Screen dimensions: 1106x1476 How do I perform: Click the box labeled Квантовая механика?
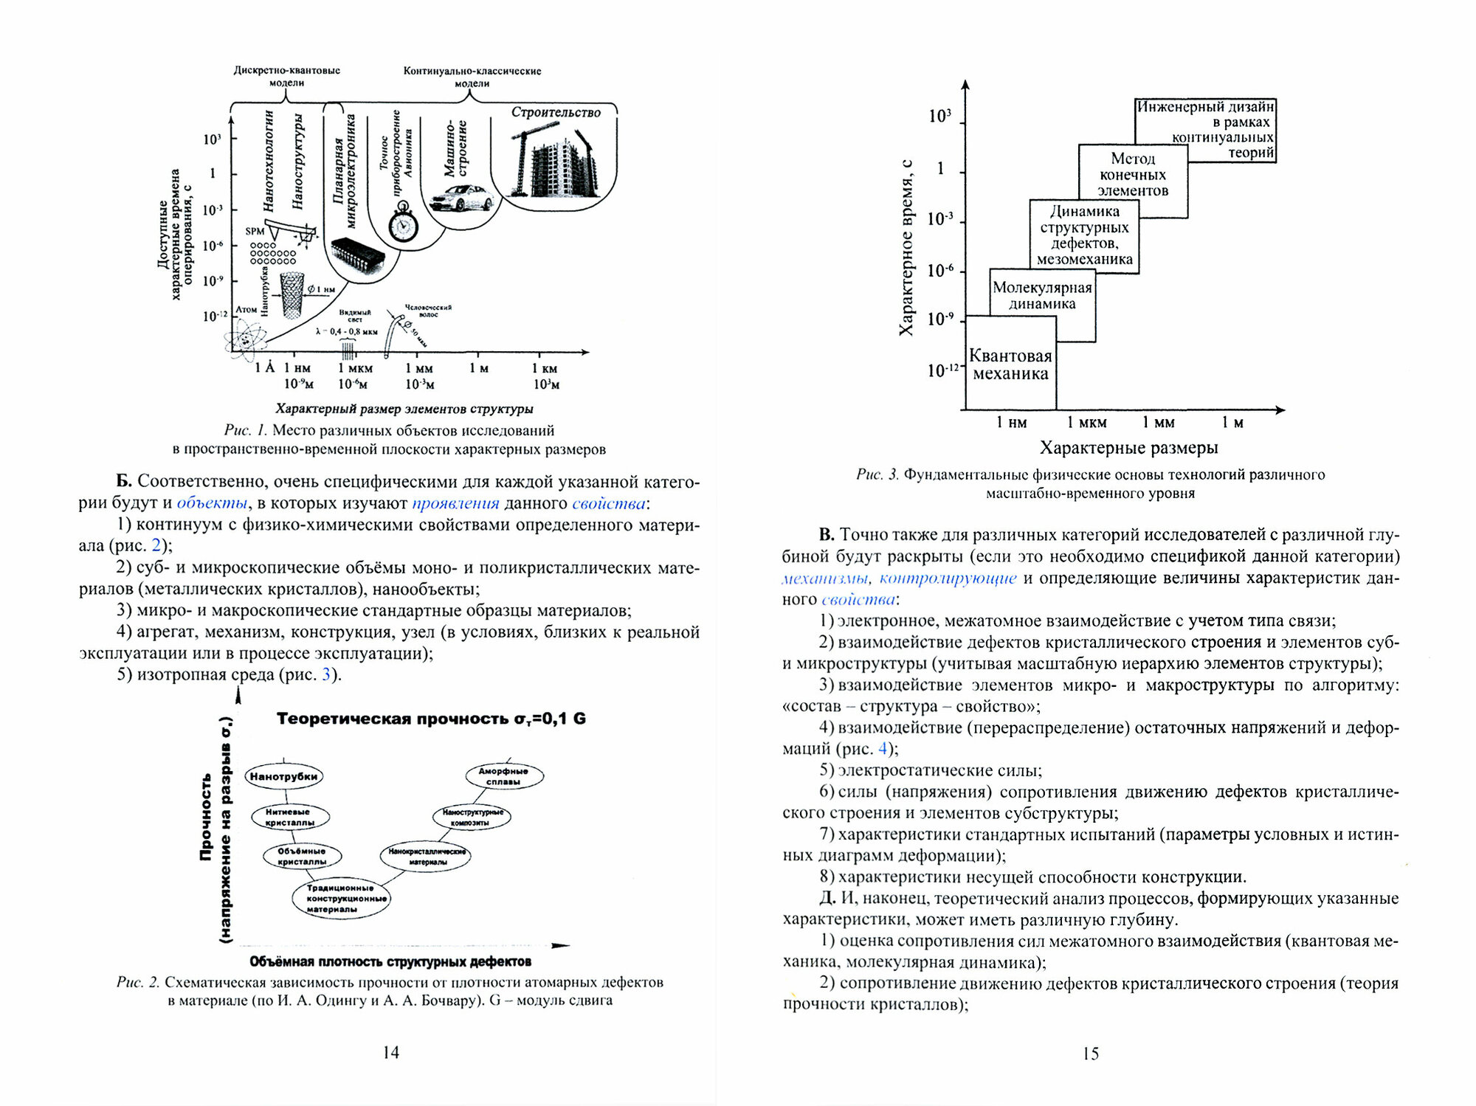tap(1010, 364)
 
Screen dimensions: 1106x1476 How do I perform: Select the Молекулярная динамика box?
tap(1042, 296)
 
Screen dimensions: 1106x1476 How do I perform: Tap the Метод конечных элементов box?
tap(1133, 175)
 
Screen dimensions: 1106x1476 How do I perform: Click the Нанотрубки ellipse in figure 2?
tap(283, 776)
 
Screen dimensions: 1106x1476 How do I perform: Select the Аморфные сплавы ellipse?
tap(504, 776)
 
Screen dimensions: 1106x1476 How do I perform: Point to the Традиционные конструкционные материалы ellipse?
tap(340, 899)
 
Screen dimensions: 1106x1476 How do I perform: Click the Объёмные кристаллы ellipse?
tap(303, 856)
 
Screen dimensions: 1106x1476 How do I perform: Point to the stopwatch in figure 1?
tap(403, 225)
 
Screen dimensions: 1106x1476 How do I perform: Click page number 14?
tap(391, 1053)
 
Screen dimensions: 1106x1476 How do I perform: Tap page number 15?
tap(1090, 1054)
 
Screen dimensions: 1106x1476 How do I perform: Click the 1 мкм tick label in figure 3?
tap(1086, 423)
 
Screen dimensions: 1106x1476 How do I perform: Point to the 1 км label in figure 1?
tap(545, 368)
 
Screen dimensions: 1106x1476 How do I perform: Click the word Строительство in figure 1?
tap(556, 112)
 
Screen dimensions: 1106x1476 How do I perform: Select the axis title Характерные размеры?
tap(1128, 448)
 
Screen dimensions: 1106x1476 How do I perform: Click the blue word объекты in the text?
tap(212, 504)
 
